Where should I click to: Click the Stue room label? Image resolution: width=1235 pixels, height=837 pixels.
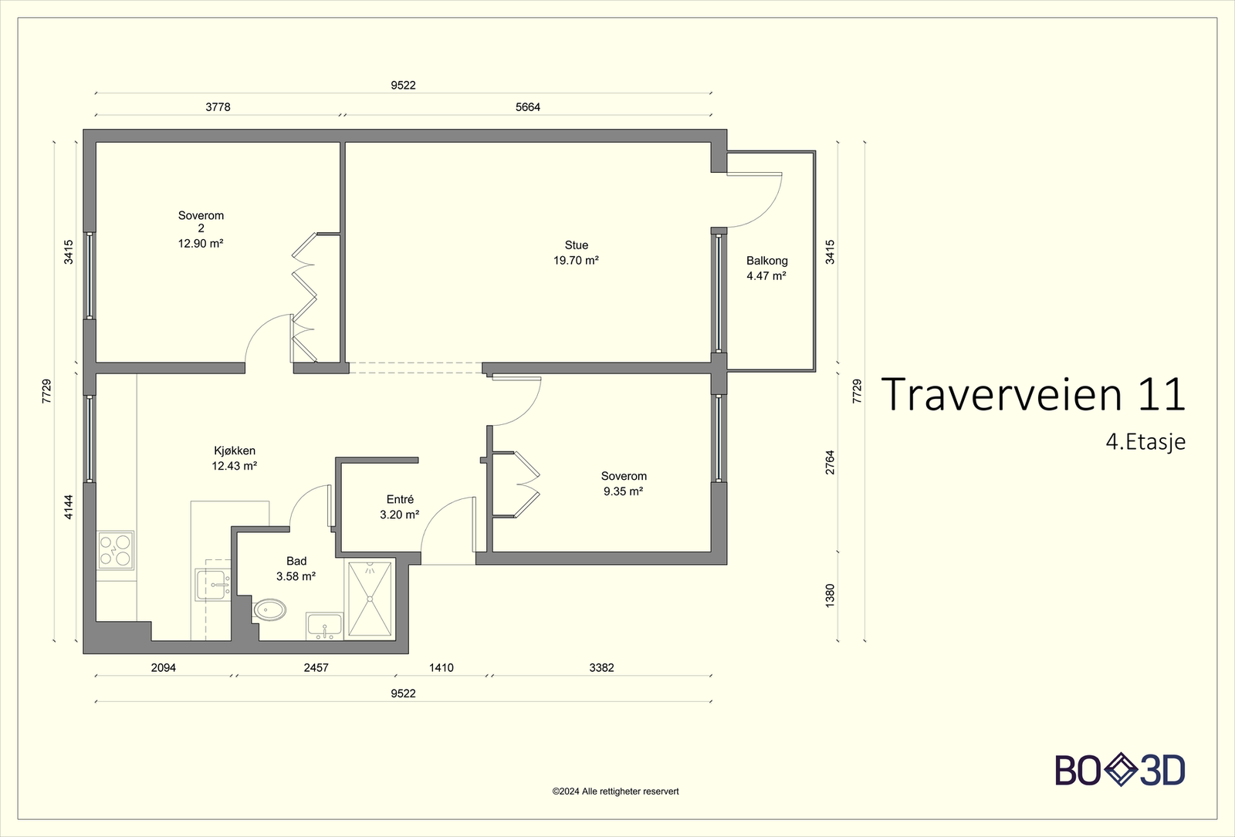click(576, 245)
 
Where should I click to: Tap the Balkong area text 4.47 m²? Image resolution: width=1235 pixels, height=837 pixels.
click(766, 276)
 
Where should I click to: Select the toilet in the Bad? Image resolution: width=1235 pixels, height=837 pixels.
click(269, 610)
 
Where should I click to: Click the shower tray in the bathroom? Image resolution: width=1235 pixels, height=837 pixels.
click(370, 599)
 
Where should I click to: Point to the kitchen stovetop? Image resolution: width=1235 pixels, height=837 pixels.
click(116, 550)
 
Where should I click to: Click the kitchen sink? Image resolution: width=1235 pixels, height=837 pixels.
click(213, 585)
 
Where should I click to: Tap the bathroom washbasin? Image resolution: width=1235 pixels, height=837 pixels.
click(325, 626)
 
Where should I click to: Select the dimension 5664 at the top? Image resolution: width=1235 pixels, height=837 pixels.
click(528, 107)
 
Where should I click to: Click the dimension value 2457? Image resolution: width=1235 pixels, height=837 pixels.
click(316, 668)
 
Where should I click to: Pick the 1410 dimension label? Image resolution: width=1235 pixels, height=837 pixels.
click(441, 668)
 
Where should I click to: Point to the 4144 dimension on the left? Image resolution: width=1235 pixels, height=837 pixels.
click(69, 507)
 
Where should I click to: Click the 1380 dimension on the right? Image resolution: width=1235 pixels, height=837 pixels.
click(830, 596)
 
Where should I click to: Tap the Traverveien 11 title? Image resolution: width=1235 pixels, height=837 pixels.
click(1034, 394)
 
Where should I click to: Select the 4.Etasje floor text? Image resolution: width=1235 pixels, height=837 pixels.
click(1145, 442)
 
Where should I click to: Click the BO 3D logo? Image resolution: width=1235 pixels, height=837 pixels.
click(1120, 770)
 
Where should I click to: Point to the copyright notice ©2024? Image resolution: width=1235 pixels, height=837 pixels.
click(615, 791)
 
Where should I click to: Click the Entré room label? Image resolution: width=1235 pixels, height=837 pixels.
click(400, 499)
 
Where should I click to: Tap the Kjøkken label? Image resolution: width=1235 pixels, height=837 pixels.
click(235, 451)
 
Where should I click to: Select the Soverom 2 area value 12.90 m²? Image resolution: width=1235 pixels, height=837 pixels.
click(201, 244)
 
